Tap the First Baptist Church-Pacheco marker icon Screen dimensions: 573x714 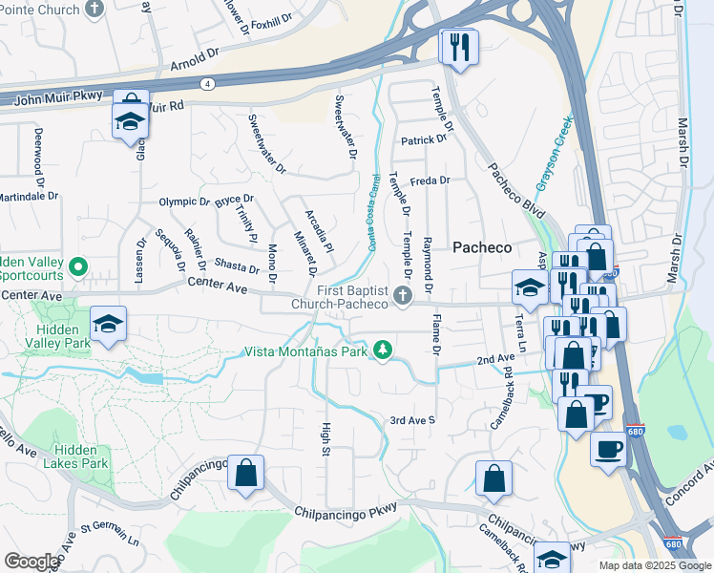403,297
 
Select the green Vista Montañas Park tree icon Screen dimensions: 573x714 383,351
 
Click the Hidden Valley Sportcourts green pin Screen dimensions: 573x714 79,267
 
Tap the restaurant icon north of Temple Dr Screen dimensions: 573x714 459,48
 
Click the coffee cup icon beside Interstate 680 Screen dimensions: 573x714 607,448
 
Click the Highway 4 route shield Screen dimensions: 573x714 208,83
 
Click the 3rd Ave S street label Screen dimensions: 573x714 412,420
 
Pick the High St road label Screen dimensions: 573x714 325,439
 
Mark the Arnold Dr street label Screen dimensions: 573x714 195,63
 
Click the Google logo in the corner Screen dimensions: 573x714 31,562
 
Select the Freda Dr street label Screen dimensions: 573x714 430,180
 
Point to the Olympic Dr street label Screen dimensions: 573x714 183,202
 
